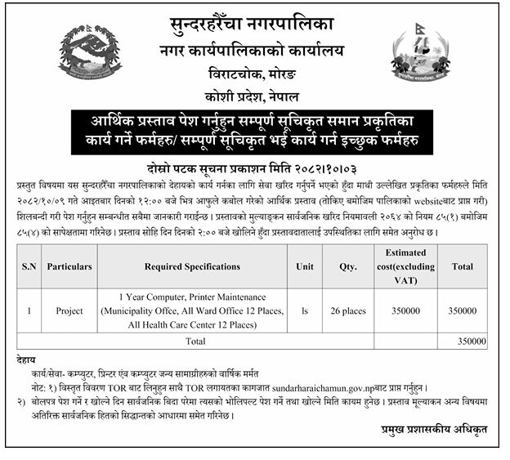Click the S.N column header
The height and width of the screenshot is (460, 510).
coord(29,266)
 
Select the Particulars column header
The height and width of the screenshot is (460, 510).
coord(69,266)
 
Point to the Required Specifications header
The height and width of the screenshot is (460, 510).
coord(192,266)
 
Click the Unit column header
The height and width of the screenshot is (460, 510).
coord(305,266)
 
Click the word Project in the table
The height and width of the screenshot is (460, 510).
coord(69,310)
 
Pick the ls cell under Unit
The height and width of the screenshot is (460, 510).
coord(305,310)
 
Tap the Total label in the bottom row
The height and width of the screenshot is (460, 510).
coord(196,340)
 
